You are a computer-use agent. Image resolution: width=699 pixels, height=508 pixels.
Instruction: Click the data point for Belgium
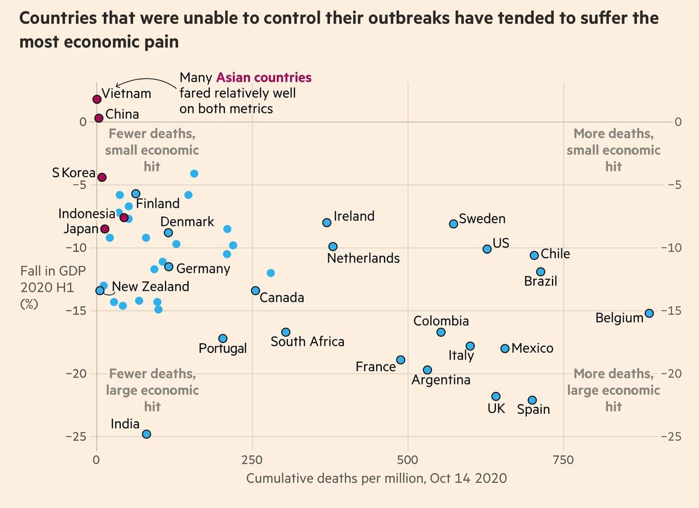pyautogui.click(x=649, y=313)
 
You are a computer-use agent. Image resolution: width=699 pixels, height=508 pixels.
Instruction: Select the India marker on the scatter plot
pyautogui.click(x=146, y=434)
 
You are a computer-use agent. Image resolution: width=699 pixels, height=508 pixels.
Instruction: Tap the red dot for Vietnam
pyautogui.click(x=97, y=99)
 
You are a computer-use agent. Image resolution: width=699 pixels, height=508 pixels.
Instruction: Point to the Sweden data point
pyautogui.click(x=453, y=224)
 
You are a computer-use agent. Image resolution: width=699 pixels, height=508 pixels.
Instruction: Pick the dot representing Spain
pyautogui.click(x=532, y=400)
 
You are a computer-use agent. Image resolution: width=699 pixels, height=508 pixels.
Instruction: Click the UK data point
pyautogui.click(x=496, y=396)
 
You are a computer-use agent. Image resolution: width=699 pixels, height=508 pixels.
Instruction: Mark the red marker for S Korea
pyautogui.click(x=102, y=177)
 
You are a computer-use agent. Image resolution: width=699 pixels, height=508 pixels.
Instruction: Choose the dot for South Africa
pyautogui.click(x=286, y=332)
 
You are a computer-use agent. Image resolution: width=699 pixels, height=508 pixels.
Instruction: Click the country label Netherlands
pyautogui.click(x=363, y=258)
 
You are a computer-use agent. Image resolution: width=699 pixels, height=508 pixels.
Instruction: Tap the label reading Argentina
pyautogui.click(x=441, y=380)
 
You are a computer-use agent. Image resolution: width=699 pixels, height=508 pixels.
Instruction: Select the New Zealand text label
pyautogui.click(x=151, y=286)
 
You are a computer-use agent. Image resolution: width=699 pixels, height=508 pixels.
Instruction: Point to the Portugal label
pyautogui.click(x=223, y=348)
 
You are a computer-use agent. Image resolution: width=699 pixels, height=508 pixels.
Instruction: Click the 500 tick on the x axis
pyautogui.click(x=408, y=460)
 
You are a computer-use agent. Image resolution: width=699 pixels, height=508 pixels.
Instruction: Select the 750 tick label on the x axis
pyautogui.click(x=564, y=460)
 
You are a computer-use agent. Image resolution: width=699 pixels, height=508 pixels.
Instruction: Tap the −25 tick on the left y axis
pyautogui.click(x=75, y=437)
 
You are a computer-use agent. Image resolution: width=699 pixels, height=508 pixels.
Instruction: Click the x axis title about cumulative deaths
pyautogui.click(x=376, y=479)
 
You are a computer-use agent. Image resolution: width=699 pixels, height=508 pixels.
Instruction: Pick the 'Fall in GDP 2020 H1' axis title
pyautogui.click(x=46, y=287)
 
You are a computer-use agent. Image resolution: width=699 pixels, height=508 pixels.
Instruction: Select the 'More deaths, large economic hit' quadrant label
pyautogui.click(x=613, y=390)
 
